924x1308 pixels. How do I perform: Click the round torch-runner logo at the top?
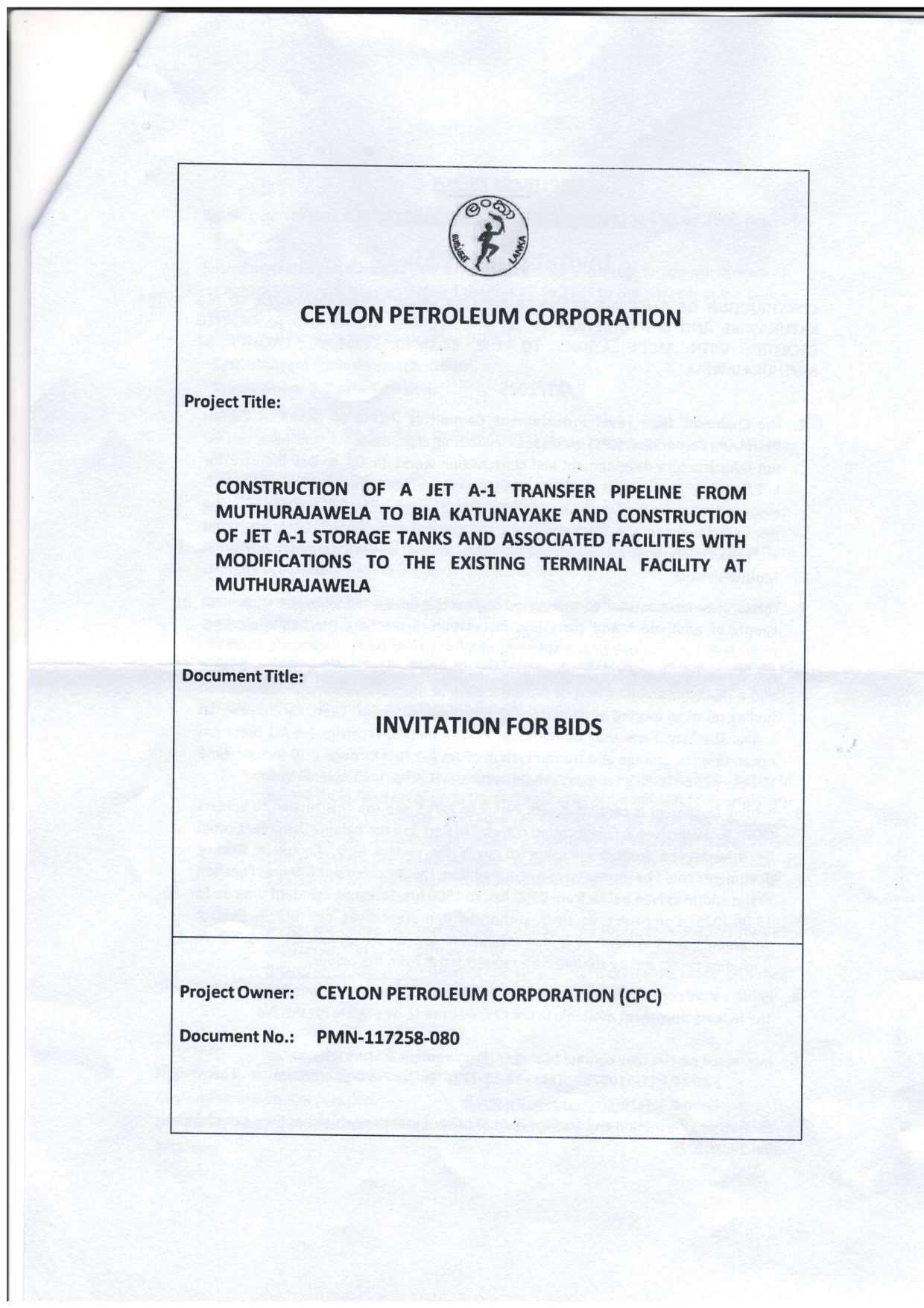click(x=490, y=238)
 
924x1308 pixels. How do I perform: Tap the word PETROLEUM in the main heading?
click(x=454, y=317)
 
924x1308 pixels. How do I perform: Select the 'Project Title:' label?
click(x=232, y=402)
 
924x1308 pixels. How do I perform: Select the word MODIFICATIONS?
click(x=284, y=562)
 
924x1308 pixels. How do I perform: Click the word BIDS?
click(x=573, y=725)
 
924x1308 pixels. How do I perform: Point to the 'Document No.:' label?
click(x=238, y=1037)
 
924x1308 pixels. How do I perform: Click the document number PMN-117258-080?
click(x=388, y=1037)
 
